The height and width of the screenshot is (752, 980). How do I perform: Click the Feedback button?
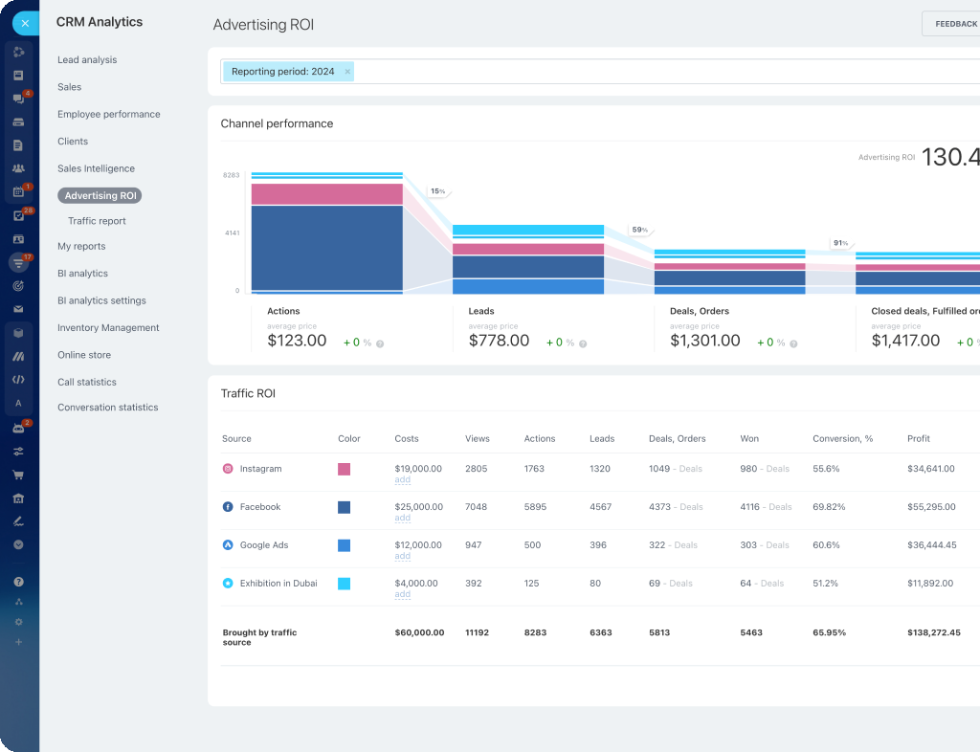954,24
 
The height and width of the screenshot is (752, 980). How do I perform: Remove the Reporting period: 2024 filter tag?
347,72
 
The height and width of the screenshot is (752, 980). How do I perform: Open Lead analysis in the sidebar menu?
87,60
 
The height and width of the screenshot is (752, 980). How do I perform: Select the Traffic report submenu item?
97,221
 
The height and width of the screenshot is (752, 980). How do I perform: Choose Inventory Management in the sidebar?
108,328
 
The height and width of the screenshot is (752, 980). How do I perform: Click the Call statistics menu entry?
87,382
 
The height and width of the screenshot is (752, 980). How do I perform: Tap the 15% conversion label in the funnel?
437,191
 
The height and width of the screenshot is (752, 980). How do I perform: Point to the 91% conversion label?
840,243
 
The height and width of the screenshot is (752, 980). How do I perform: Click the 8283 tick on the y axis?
231,175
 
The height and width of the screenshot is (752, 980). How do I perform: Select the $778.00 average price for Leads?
499,341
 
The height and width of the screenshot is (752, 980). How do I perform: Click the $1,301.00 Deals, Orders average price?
704,341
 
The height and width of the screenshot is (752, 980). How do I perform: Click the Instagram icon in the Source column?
228,469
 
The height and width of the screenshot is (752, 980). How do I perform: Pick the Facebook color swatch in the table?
344,507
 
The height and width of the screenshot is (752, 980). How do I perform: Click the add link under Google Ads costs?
402,556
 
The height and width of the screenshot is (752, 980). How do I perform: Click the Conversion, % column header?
842,439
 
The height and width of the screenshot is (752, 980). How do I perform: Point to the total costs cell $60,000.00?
419,633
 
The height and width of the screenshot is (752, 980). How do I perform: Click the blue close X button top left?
25,23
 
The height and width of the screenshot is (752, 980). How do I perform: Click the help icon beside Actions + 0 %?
380,343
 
